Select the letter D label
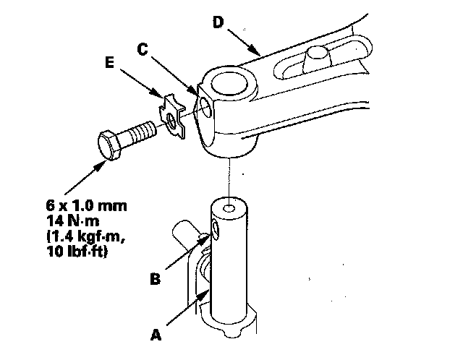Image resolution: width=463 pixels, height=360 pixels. (x=218, y=22)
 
